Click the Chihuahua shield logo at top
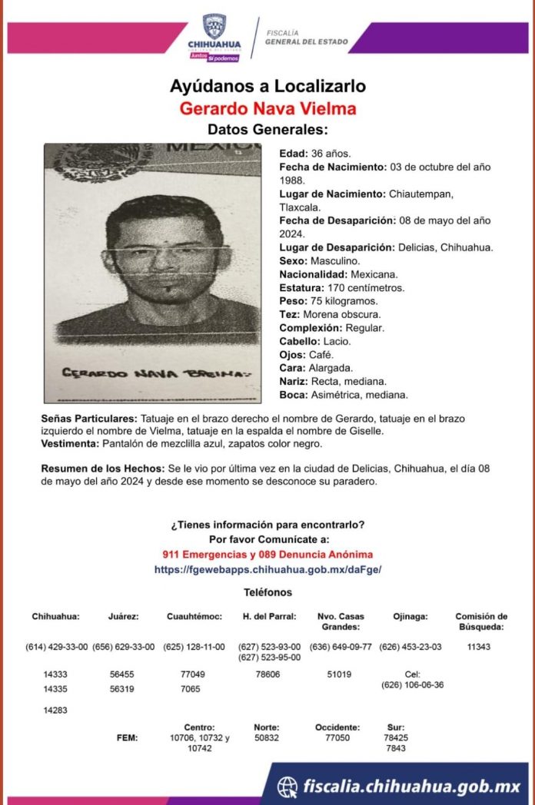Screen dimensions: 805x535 pos(214,27)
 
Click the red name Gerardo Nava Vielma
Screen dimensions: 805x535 pos(267,108)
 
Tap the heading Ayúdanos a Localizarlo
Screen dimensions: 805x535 pos(267,86)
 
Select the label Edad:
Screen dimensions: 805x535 pos(293,152)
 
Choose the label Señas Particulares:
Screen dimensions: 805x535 pos(88,418)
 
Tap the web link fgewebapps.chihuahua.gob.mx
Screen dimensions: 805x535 pos(267,569)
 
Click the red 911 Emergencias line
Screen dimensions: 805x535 pos(267,555)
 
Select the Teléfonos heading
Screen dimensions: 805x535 pos(267,592)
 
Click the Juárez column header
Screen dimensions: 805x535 pos(124,616)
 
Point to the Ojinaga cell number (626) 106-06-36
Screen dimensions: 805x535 pos(412,684)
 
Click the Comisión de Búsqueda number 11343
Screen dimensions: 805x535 pos(479,647)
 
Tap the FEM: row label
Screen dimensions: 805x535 pos(128,738)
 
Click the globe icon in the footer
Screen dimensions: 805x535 pos(287,787)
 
